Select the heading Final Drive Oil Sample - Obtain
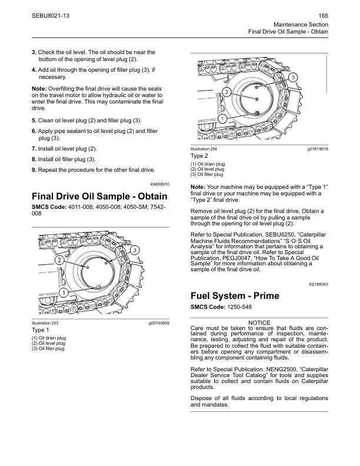point(99,196)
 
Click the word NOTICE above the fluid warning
point(259,323)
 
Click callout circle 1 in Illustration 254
point(222,118)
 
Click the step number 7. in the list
point(34,149)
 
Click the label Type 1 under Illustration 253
point(41,331)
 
